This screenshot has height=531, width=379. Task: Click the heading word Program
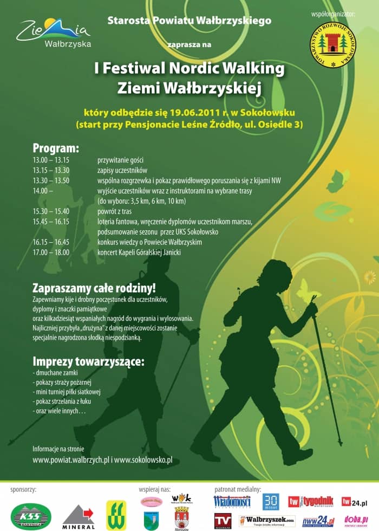point(56,148)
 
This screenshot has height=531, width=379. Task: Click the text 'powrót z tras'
point(114,211)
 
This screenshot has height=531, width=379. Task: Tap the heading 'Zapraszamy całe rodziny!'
point(94,288)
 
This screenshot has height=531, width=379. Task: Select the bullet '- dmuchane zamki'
point(55,373)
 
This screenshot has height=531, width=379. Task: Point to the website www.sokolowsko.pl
point(143,460)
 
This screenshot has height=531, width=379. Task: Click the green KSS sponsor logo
point(31,516)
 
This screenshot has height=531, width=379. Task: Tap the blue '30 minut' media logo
point(271,502)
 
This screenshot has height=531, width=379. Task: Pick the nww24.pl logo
point(318,521)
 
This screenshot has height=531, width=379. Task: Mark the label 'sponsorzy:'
point(23,489)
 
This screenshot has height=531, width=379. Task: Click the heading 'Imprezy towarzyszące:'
point(88,361)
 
